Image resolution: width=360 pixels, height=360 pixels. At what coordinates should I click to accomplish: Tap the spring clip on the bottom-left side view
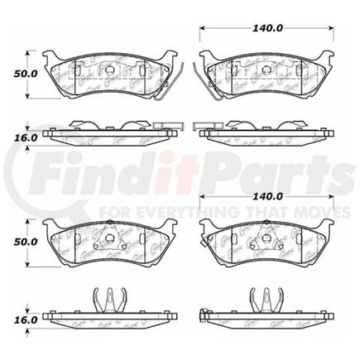108,299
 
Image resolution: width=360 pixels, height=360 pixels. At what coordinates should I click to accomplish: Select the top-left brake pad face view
108,74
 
